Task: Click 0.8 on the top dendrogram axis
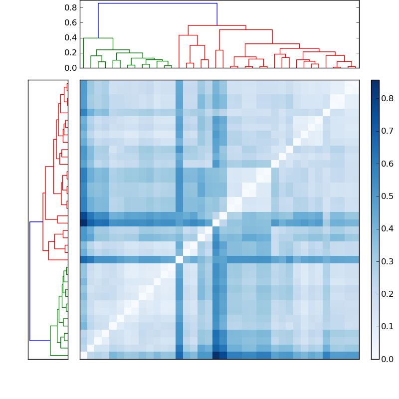coord(71,8)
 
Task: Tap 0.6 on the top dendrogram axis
coord(71,23)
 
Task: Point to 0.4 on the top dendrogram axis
coord(71,38)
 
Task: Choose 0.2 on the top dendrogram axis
coord(71,53)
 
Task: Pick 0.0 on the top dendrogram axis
coord(71,68)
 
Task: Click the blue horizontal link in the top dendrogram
coord(158,3)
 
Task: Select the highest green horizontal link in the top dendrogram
coord(98,38)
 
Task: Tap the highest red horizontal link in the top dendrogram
coord(217,25)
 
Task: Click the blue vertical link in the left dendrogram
coord(30,281)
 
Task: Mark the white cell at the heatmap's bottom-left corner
coord(83,355)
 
